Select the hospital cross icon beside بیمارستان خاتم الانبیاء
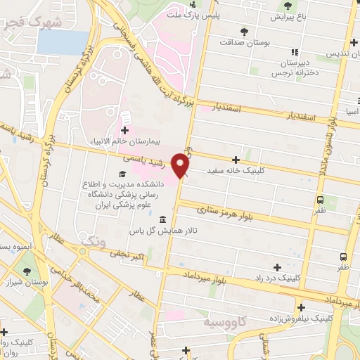(x=125, y=131)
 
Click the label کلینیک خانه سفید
(x=235, y=171)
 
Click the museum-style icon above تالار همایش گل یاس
(x=163, y=219)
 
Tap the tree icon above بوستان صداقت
(x=244, y=32)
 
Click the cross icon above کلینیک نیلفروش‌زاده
(x=301, y=307)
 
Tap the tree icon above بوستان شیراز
(x=27, y=271)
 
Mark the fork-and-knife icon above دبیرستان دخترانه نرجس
(x=294, y=51)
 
